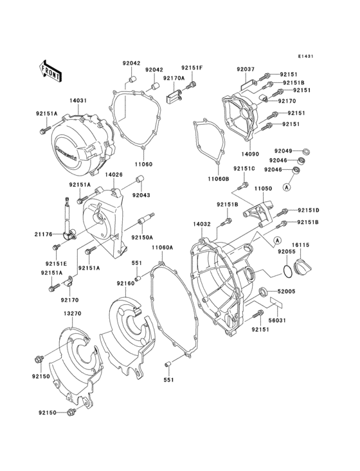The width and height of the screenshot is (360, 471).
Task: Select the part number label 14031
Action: pyautogui.click(x=78, y=100)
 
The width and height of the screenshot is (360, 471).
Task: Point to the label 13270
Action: pyautogui.click(x=71, y=313)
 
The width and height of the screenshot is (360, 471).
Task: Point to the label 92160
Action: pyautogui.click(x=125, y=283)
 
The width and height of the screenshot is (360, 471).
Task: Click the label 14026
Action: pyautogui.click(x=114, y=174)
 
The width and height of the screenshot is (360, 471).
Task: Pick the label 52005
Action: pyautogui.click(x=286, y=291)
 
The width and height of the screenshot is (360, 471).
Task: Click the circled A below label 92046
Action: pyautogui.click(x=289, y=187)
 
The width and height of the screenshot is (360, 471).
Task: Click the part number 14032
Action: pyautogui.click(x=201, y=225)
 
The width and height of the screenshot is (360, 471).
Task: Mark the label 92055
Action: pyautogui.click(x=286, y=253)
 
